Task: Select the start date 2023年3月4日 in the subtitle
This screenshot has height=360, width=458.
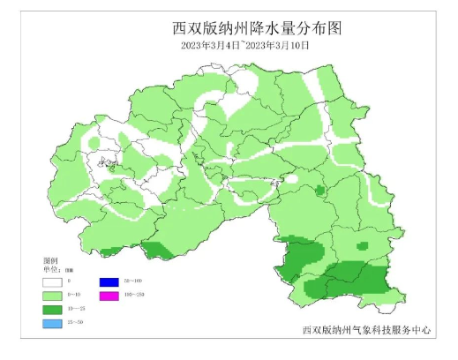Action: point(210,44)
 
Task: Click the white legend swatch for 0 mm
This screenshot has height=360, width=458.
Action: point(54,281)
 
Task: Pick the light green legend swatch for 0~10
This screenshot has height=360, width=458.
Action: point(54,295)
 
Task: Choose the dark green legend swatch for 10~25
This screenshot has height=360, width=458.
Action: point(54,310)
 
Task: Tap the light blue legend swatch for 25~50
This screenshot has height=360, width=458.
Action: point(54,325)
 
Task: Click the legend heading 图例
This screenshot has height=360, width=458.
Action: point(49,262)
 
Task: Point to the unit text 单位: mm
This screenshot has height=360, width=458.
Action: point(58,270)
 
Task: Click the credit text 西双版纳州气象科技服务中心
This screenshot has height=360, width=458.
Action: point(366,330)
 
